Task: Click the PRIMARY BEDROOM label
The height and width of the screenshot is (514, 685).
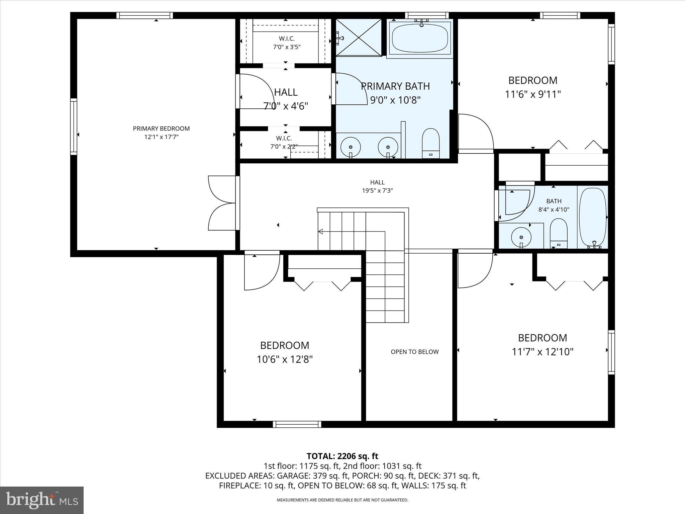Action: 161,128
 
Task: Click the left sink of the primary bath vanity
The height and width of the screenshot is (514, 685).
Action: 351,147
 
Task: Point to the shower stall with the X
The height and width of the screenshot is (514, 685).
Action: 359,37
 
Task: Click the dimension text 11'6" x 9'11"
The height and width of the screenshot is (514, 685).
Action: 532,94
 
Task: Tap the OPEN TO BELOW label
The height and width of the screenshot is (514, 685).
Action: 414,352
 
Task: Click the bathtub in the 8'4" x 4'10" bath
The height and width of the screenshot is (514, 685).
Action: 593,218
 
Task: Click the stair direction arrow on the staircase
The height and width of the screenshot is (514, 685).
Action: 320,231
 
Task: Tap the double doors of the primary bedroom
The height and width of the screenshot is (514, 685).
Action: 222,203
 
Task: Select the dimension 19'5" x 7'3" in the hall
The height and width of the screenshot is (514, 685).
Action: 377,191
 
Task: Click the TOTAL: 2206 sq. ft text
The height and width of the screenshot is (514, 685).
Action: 342,456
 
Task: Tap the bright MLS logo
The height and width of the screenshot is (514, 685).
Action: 42,500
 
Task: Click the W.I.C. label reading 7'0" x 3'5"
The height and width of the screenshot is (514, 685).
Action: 287,43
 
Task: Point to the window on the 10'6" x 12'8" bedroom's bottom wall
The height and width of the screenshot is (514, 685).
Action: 297,424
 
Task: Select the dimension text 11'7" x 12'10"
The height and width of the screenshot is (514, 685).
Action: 543,352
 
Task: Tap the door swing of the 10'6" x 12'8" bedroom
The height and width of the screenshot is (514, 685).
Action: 261,271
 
